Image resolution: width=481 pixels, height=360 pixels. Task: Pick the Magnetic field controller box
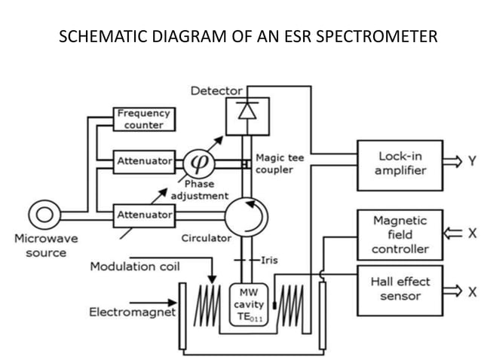[x=400, y=234]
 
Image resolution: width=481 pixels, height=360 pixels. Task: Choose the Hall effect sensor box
[x=400, y=288]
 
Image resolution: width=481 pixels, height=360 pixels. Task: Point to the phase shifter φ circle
[x=201, y=161]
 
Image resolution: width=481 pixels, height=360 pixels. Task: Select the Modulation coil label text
[x=135, y=267]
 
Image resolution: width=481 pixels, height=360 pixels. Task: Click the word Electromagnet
[x=132, y=311]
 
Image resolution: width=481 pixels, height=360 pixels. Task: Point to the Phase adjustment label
[x=199, y=190]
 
